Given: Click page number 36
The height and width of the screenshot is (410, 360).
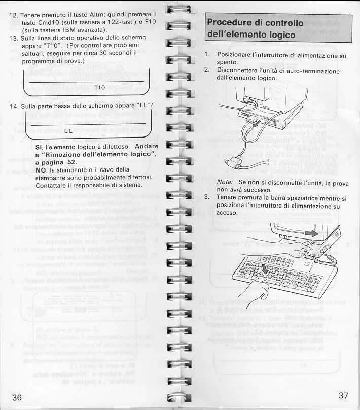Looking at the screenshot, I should pyautogui.click(x=17, y=397).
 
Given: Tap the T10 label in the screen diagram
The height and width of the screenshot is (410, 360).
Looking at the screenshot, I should pyautogui.click(x=99, y=88).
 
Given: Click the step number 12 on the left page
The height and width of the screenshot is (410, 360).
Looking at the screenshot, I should pyautogui.click(x=14, y=15).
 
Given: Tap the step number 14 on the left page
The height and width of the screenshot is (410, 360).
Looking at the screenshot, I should pyautogui.click(x=14, y=107).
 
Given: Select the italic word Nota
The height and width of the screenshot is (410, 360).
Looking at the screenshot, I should pyautogui.click(x=225, y=182).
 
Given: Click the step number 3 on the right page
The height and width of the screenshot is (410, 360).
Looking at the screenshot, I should pyautogui.click(x=206, y=197).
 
